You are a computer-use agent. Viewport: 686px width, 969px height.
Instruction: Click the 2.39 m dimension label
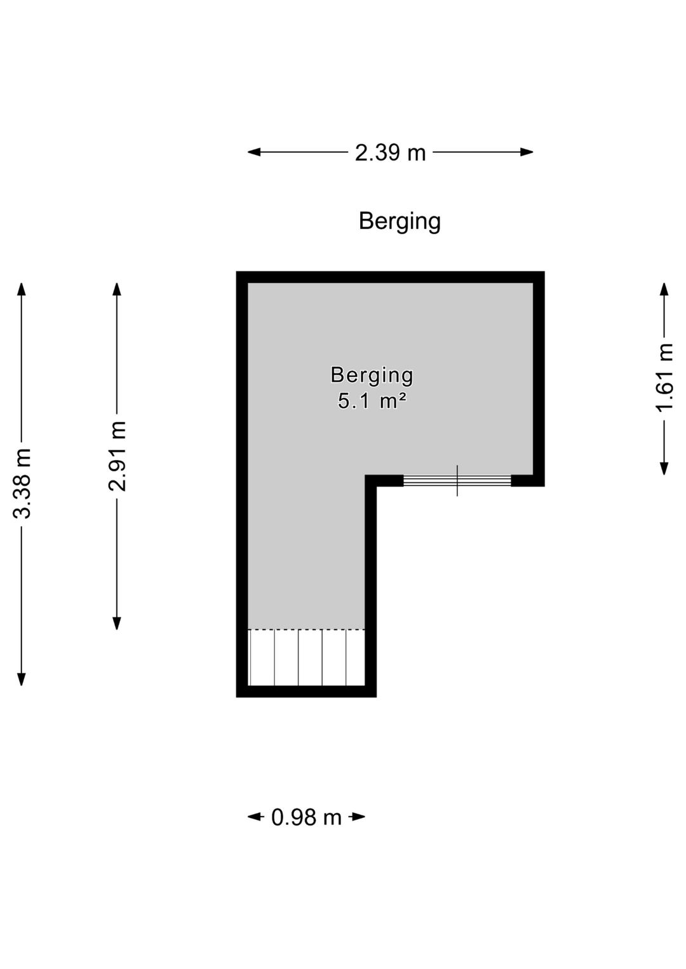[x=390, y=152]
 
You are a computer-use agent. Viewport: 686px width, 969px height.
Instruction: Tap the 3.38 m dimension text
[x=22, y=483]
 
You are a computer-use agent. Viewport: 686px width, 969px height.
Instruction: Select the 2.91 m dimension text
[x=117, y=456]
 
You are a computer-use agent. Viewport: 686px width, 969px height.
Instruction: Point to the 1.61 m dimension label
[x=664, y=377]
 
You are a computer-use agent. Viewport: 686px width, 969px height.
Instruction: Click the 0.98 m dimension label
[x=306, y=817]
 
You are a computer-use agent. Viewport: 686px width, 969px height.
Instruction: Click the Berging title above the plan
[x=400, y=221]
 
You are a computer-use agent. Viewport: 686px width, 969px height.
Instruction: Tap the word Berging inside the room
[x=372, y=376]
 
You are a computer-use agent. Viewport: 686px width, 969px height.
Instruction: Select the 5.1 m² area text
[x=372, y=402]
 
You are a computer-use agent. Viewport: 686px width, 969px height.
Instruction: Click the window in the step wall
[x=457, y=480]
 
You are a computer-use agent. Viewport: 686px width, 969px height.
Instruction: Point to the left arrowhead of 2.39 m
[x=254, y=152]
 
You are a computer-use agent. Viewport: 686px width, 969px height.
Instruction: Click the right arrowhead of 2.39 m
[x=527, y=152]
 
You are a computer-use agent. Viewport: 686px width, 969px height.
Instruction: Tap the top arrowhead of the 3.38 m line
[x=21, y=289]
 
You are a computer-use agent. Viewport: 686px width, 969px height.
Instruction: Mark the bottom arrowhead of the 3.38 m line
[x=21, y=679]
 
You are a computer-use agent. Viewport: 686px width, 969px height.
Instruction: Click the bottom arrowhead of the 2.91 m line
[x=116, y=623]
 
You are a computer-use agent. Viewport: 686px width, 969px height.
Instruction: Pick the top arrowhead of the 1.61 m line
[x=664, y=289]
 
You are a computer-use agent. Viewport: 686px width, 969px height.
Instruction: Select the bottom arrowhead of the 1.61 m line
[x=664, y=468]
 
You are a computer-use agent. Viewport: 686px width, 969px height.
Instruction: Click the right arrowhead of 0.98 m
[x=359, y=817]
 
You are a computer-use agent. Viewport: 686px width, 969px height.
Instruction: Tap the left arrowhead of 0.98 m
[x=254, y=817]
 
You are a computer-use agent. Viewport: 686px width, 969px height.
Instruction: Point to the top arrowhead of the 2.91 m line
[x=116, y=289]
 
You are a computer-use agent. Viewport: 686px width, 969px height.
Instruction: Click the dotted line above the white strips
[x=306, y=629]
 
